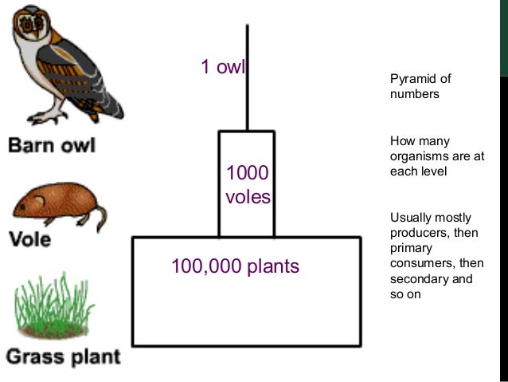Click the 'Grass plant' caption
[x=63, y=356]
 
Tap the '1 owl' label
[x=222, y=67]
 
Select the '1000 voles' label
[x=248, y=184]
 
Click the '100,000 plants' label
[x=235, y=266]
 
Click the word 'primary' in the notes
[x=409, y=248]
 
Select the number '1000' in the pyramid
[x=247, y=173]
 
